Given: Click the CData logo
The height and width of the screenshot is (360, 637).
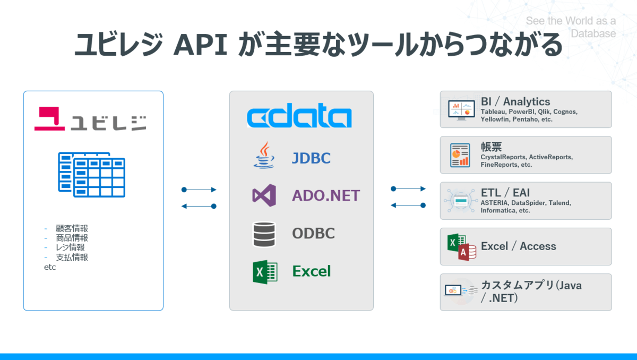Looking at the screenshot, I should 299,117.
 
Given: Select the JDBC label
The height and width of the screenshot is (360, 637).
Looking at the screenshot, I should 311,158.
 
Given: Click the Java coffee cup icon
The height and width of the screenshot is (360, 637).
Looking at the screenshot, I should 264,156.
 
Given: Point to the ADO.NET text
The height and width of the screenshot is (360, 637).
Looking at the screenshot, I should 325,195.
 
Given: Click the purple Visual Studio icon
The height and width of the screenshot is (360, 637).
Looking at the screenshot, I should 264,195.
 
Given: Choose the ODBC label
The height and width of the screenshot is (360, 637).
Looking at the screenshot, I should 313,233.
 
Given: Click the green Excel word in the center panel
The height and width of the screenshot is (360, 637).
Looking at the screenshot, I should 311,271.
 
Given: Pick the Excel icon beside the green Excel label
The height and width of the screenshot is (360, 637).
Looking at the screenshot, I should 264,272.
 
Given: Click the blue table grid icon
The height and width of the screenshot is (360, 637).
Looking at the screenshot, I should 91,174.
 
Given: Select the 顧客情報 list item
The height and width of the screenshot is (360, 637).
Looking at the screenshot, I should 72,228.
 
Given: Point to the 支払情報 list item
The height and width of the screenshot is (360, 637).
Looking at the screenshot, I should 72,257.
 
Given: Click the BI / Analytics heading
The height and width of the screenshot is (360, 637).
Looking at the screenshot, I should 515,101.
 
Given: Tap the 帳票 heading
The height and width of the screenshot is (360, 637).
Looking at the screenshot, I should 491,147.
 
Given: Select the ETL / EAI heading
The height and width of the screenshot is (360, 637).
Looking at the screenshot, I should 505,193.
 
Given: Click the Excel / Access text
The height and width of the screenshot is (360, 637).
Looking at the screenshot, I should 518,246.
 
